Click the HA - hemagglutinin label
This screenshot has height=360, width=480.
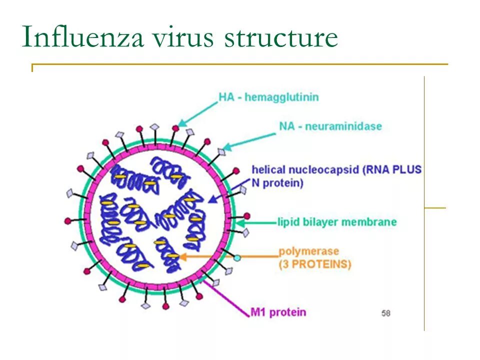tap(268, 97)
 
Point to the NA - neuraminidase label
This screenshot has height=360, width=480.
tap(330, 126)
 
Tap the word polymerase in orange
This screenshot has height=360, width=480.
tap(308, 251)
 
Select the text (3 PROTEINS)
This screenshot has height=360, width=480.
tap(314, 264)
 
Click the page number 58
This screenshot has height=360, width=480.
tap(385, 313)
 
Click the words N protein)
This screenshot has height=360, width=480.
tap(277, 183)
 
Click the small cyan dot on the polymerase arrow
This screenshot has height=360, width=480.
tap(237, 258)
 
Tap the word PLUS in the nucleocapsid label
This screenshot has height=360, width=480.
tap(408, 170)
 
